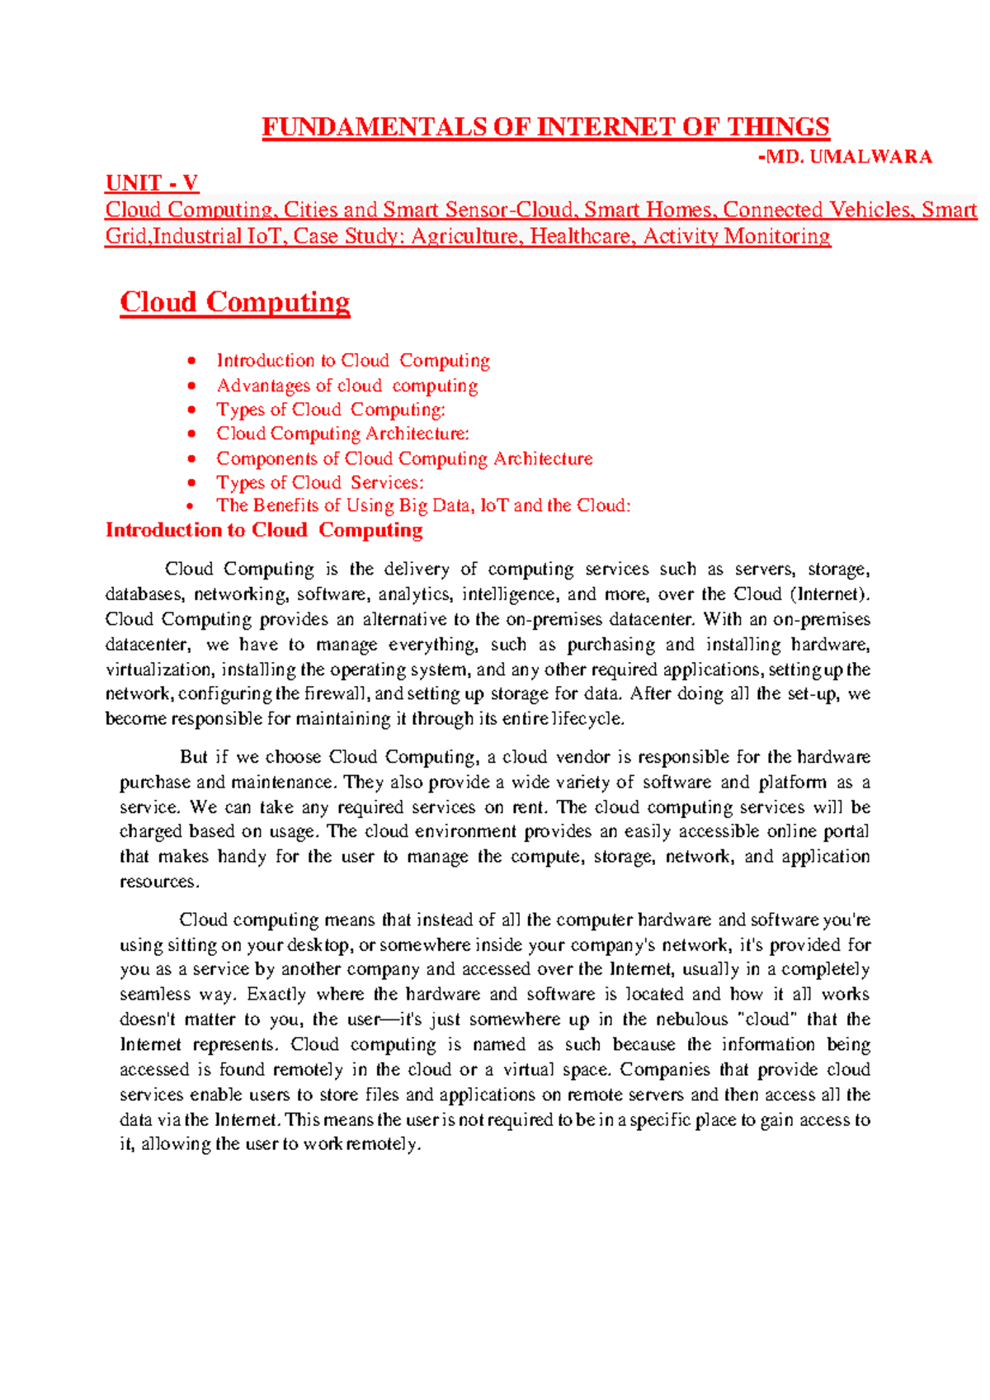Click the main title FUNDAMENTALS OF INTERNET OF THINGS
coord(545,127)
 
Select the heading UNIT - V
coord(152,182)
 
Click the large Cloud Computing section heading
coord(235,302)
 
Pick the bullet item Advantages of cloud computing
coord(346,385)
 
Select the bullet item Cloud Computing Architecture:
coord(342,433)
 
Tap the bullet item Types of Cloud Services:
coord(320,482)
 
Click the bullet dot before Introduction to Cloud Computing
coord(191,361)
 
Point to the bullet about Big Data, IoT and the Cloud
coord(423,505)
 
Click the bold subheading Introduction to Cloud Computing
coord(264,530)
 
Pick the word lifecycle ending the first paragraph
coord(587,719)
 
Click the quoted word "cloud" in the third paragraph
coord(769,1019)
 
